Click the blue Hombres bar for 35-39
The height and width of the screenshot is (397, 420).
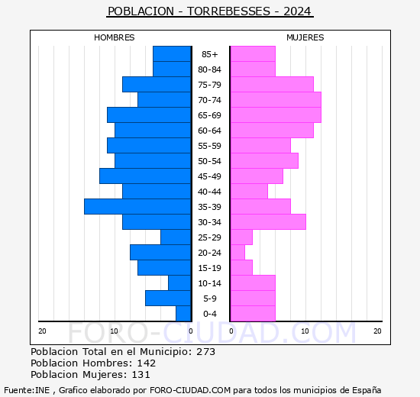point(137,207)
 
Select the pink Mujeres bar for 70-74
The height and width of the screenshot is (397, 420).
point(276,100)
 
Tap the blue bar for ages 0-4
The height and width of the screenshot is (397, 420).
point(183,314)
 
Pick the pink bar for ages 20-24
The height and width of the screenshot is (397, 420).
point(237,253)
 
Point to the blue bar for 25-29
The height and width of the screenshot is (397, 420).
point(176,237)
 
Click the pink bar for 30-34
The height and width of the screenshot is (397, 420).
point(268,222)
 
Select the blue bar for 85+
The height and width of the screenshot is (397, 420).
point(172,54)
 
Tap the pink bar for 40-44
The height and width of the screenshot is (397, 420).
point(249,192)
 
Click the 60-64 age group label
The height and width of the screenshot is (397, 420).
point(209,131)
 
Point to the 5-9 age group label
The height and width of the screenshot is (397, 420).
point(210,299)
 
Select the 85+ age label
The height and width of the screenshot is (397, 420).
point(210,54)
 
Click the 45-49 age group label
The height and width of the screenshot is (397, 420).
point(209,176)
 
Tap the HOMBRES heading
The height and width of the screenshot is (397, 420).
point(114,37)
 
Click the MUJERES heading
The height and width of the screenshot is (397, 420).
point(305,37)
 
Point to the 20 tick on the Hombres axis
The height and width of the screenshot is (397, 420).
point(42,331)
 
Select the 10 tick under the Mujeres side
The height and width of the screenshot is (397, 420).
point(305,331)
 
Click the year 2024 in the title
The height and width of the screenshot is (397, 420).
point(297,11)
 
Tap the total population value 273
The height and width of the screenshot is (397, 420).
point(205,351)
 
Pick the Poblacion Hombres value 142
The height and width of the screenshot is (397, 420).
point(147,363)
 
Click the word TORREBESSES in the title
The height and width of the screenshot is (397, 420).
point(228,11)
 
